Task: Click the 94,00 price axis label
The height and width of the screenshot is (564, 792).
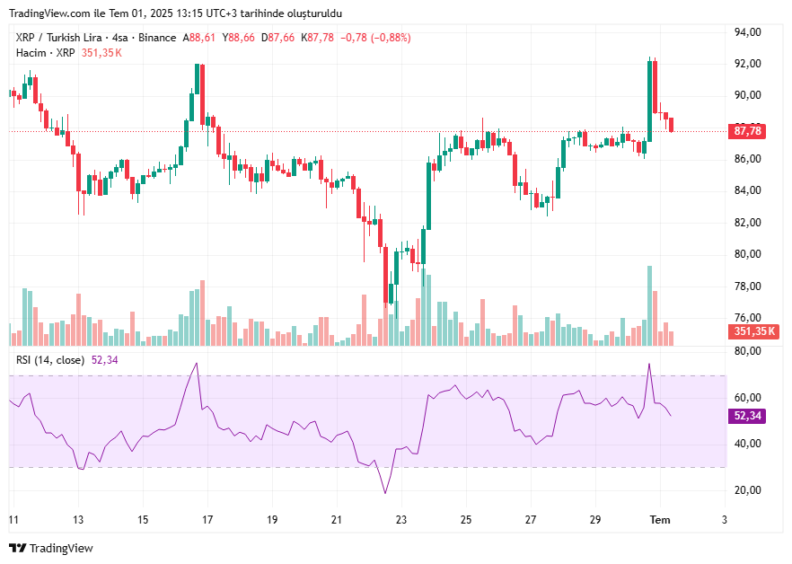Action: click(x=748, y=32)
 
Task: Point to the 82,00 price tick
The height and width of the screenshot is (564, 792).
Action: click(x=748, y=223)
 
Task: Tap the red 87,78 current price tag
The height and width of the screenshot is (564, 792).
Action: click(x=748, y=131)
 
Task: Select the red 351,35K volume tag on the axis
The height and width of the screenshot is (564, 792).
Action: click(x=753, y=331)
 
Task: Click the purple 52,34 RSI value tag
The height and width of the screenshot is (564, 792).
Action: click(x=748, y=416)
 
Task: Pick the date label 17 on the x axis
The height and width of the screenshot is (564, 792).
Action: click(x=207, y=520)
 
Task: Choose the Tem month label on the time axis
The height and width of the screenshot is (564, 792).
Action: click(x=660, y=520)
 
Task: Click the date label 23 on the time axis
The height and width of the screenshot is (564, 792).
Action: click(x=401, y=520)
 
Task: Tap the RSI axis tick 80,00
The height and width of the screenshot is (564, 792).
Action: click(x=748, y=351)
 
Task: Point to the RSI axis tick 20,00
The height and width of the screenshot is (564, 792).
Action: click(x=748, y=489)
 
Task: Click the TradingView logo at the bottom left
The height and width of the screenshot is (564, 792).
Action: click(x=51, y=548)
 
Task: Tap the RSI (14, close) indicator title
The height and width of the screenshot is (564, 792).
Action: click(x=51, y=360)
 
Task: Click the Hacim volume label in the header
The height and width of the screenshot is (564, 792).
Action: click(x=31, y=53)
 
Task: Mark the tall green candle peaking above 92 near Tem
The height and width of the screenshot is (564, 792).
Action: click(x=649, y=99)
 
